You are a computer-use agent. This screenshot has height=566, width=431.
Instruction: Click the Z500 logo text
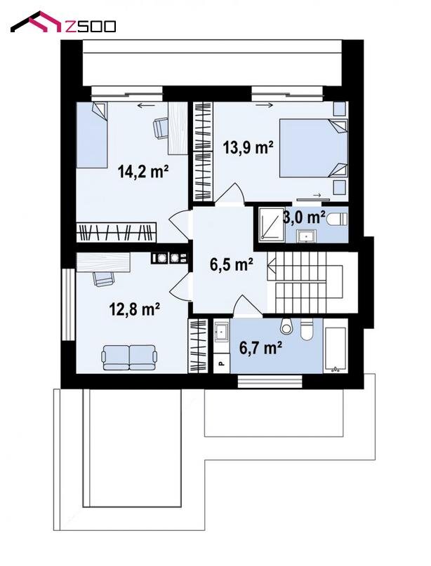coord(91,26)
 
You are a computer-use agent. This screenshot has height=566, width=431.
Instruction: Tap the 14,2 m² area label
coord(143,171)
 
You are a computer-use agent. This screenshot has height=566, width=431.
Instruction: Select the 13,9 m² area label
coord(248,147)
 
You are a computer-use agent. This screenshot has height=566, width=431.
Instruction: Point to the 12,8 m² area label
coord(135,309)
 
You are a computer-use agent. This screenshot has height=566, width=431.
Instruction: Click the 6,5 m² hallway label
coord(231,264)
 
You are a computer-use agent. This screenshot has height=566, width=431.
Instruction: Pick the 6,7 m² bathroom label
coord(261,348)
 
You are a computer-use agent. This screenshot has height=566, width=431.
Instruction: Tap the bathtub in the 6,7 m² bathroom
coord(336,349)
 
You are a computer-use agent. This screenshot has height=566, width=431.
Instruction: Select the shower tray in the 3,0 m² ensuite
coord(272,224)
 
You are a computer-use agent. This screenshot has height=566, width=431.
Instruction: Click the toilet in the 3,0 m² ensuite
coord(337,219)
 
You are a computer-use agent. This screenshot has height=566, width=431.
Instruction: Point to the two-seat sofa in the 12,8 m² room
coord(130,358)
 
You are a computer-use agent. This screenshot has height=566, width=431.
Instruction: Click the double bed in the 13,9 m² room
coord(313,149)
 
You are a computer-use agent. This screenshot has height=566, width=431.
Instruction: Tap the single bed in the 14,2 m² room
coord(92,135)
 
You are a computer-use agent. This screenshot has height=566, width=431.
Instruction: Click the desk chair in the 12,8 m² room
coord(103,278)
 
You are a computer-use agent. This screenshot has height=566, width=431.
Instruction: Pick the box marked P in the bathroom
coord(221,363)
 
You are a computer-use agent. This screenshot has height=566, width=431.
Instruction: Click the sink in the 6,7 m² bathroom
coord(221,332)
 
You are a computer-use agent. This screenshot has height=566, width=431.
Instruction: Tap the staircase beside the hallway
coord(305,282)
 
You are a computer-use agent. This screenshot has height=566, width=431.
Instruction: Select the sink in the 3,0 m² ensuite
coord(307,236)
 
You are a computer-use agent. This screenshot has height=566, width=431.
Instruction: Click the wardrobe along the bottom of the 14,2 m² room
coord(117,232)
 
